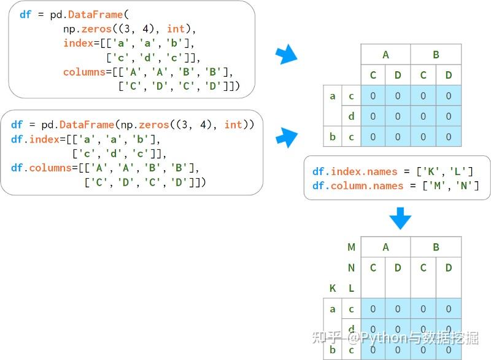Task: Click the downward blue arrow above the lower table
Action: click(400, 218)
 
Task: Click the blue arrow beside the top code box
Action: click(287, 55)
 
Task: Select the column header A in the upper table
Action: click(385, 55)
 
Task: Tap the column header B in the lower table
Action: click(436, 247)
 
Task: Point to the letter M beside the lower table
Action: click(351, 247)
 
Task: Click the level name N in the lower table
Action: click(351, 268)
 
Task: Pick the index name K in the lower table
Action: click(333, 288)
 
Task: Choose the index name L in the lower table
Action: click(351, 288)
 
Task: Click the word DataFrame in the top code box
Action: click(95, 15)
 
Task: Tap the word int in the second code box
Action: click(233, 125)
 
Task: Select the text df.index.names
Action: click(355, 171)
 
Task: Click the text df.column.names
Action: click(358, 186)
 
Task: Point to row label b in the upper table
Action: click(333, 136)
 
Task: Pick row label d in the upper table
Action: click(351, 116)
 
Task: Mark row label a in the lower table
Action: click(333, 309)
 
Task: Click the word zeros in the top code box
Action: click(96, 29)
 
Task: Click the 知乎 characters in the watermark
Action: click(327, 337)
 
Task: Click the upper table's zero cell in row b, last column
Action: click(449, 136)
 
